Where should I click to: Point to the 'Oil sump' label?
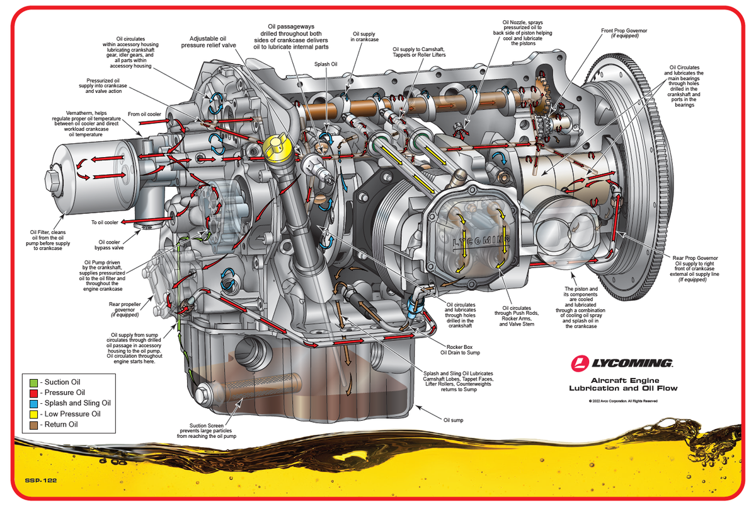[x=454, y=420]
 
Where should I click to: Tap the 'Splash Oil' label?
[x=326, y=64]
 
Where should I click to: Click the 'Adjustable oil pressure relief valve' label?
[x=208, y=42]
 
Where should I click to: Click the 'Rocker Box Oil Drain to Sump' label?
[x=464, y=350]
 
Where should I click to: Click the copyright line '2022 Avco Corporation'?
[x=624, y=401]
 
